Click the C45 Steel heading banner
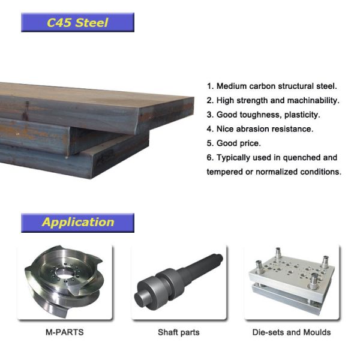pos(77,23)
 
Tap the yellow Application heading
pos(77,222)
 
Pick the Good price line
pos(234,143)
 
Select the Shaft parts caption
pos(178,332)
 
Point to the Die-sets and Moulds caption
pos(292,332)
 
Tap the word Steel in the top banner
pos(92,23)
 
